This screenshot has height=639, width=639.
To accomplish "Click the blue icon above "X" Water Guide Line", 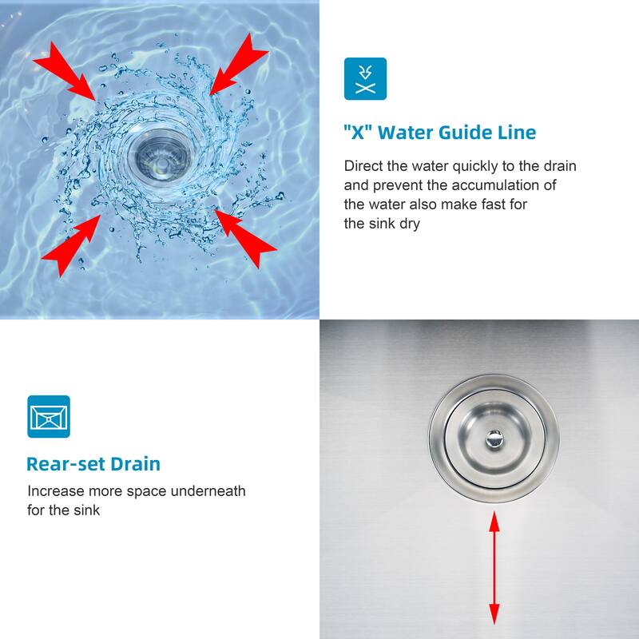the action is pos(365,78).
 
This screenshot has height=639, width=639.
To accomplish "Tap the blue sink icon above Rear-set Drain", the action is pos(49,416).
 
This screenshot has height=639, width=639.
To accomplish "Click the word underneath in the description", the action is pos(208,491).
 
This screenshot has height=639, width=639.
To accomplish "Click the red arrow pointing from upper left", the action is pos(66,72).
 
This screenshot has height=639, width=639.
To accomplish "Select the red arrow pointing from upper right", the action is pos(237,65).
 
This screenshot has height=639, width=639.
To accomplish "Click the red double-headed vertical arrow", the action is pos(494,568).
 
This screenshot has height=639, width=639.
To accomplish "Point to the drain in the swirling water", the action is pos(159,156).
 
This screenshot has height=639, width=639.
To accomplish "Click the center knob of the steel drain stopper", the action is pos(494,439).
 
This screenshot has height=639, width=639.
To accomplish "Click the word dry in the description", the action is pos(409,224).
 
